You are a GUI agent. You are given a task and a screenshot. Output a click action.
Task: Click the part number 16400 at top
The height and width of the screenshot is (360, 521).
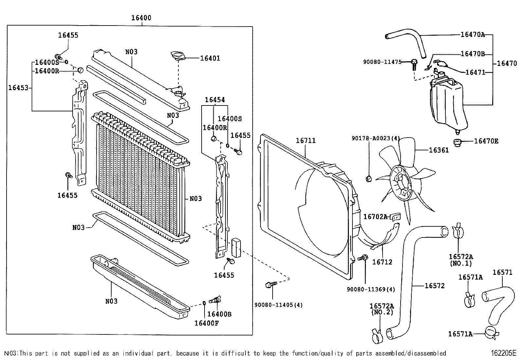tap(141, 18)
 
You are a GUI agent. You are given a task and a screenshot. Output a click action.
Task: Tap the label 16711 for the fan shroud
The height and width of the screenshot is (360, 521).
tap(306, 141)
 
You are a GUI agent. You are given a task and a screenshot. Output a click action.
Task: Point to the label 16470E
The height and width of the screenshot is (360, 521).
tap(486, 141)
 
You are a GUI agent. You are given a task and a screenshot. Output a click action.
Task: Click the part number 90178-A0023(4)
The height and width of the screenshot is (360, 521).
tap(376, 138)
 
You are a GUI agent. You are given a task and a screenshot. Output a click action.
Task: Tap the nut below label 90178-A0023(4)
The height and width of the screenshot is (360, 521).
tap(368, 179)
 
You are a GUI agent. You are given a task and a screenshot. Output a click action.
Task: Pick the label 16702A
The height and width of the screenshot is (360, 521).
tap(375, 217)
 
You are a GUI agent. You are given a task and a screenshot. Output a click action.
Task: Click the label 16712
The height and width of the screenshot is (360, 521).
tap(382, 262)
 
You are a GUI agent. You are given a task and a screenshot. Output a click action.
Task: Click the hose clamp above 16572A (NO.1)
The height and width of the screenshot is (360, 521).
tap(458, 232)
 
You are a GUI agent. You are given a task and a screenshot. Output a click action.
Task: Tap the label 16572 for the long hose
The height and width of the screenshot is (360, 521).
tap(435, 286)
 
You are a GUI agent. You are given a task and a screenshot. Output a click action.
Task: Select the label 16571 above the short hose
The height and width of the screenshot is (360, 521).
tap(502, 272)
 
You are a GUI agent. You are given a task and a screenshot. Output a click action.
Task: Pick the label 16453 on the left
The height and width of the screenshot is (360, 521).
tap(18, 87)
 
